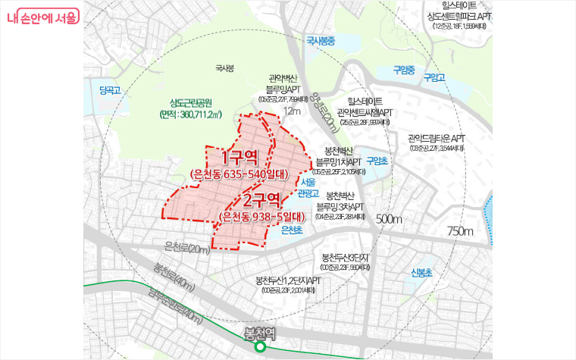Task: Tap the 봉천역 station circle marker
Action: [x=259, y=348]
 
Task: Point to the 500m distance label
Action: [x=389, y=219]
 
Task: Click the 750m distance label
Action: [x=459, y=230]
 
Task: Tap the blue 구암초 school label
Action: [x=377, y=161]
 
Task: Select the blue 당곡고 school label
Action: [x=111, y=90]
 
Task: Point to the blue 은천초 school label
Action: [x=291, y=229]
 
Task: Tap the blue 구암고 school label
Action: [x=433, y=77]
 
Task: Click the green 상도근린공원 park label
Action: [x=191, y=103]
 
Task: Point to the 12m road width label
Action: [x=291, y=111]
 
